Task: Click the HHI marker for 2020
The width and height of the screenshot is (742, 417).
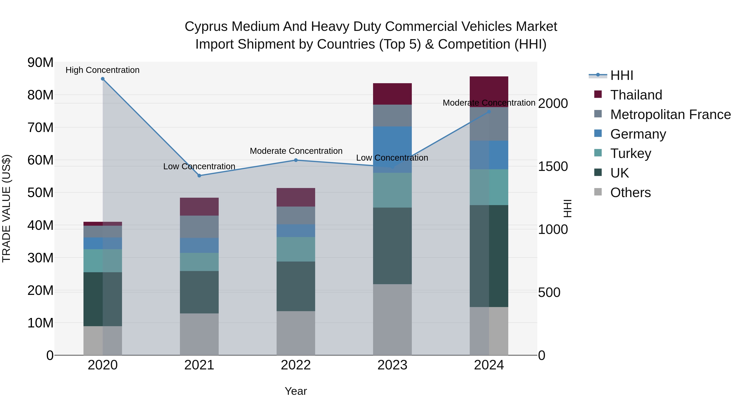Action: pyautogui.click(x=103, y=79)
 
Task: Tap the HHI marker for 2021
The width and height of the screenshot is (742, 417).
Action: pyautogui.click(x=199, y=175)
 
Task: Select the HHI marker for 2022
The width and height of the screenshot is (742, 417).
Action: pyautogui.click(x=296, y=160)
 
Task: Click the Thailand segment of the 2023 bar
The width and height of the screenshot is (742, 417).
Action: pyautogui.click(x=392, y=94)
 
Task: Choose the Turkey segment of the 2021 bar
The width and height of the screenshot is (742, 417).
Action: pyautogui.click(x=199, y=262)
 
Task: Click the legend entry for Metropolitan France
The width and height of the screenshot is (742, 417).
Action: pyautogui.click(x=670, y=114)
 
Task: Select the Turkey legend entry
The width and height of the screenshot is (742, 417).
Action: pyautogui.click(x=630, y=153)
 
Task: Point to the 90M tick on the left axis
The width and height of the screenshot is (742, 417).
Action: pyautogui.click(x=40, y=62)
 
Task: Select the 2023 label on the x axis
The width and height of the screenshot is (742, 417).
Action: pyautogui.click(x=392, y=365)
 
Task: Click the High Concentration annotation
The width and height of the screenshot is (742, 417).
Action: pyautogui.click(x=103, y=70)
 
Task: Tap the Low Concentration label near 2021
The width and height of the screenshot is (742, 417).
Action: pyautogui.click(x=199, y=166)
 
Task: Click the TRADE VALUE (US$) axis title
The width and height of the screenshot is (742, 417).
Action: pyautogui.click(x=6, y=208)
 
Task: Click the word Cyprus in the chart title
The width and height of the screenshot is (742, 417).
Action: pyautogui.click(x=207, y=27)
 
